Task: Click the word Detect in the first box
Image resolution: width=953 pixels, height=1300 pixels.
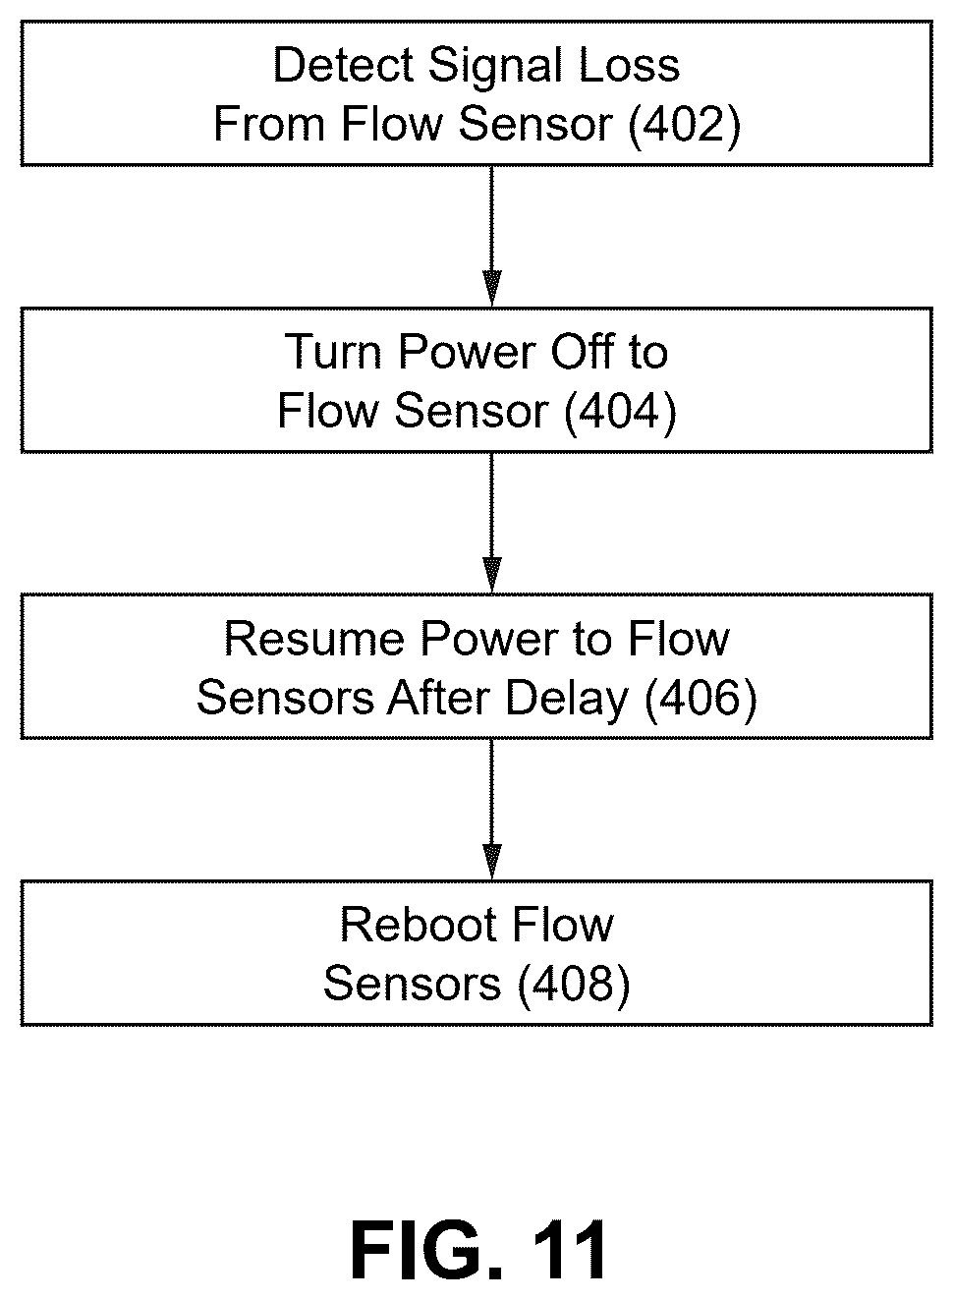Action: pos(343,65)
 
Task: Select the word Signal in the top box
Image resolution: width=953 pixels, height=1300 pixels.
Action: pos(495,68)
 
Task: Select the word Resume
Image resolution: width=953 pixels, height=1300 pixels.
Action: pos(314,639)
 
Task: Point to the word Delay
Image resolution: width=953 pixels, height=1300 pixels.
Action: pos(567,701)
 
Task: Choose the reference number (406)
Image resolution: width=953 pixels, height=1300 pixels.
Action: pos(701,699)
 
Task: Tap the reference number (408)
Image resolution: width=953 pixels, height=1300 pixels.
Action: pos(574,985)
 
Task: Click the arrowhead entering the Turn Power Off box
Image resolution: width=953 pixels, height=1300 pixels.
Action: pos(492,288)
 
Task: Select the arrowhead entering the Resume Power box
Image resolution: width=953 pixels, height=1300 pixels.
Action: pos(492,575)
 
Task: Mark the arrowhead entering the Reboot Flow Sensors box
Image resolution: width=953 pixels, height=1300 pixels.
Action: pos(492,861)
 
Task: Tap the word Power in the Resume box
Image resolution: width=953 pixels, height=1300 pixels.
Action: pos(488,639)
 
